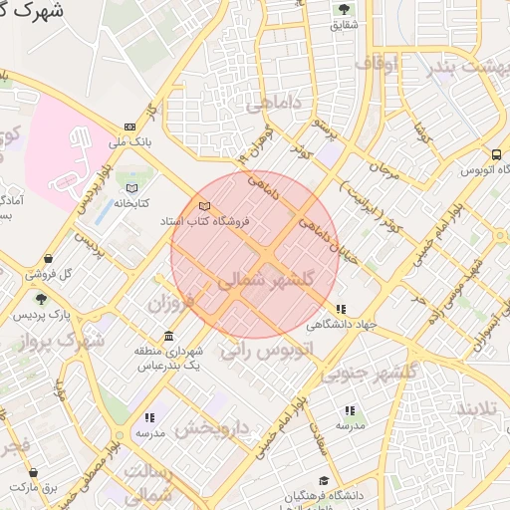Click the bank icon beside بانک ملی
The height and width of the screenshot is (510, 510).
[130, 127]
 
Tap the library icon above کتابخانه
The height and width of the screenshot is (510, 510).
[131, 186]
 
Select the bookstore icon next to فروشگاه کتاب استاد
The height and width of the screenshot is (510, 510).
[205, 206]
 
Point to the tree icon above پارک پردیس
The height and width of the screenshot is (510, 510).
[41, 299]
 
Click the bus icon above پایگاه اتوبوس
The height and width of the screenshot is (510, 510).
[496, 154]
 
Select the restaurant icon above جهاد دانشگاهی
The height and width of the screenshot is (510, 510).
[342, 309]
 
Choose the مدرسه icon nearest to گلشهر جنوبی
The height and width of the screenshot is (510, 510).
[349, 410]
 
